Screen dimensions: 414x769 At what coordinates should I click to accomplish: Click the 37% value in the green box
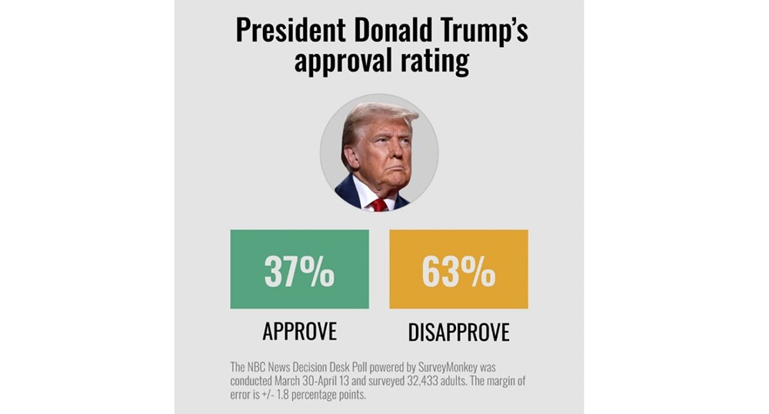click(x=299, y=270)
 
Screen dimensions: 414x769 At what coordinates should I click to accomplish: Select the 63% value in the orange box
click(x=459, y=270)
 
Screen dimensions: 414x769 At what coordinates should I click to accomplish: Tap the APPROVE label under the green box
click(x=299, y=331)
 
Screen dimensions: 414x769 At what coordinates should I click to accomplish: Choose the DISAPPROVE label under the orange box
click(x=459, y=332)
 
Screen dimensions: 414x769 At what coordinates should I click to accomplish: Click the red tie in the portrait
click(x=379, y=204)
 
